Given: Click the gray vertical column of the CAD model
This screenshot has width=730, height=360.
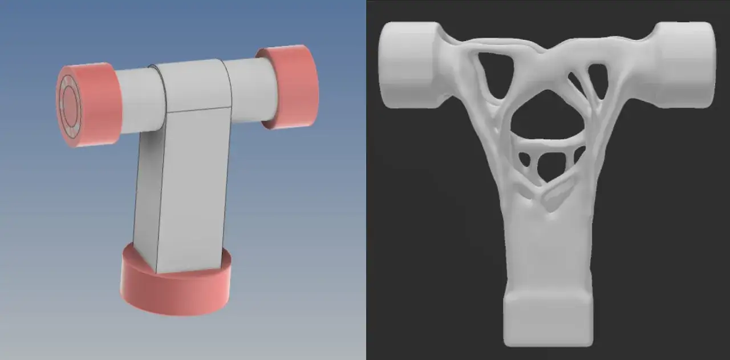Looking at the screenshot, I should (x=188, y=188).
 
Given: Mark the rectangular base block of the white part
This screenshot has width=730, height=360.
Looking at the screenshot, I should (x=547, y=319).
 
